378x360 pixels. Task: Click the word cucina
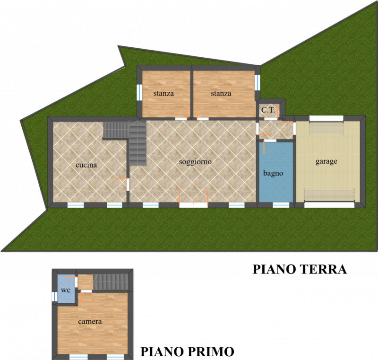point(86,165)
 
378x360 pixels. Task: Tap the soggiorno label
point(195,162)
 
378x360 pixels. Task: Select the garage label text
point(326,161)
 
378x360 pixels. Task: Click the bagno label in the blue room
point(273,173)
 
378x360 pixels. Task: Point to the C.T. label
point(268,110)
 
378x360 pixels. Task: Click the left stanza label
point(163,93)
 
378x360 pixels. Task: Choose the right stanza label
point(221,93)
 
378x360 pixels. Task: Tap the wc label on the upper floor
point(66,290)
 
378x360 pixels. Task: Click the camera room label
point(90,321)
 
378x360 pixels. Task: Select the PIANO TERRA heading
point(300,269)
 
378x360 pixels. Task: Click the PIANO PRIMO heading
point(187,352)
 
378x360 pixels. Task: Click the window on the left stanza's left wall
point(139,92)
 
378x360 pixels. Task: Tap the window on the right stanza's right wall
point(258,82)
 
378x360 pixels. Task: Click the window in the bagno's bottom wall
point(281,205)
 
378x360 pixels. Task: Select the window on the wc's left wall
point(55,297)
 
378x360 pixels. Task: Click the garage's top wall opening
point(326,118)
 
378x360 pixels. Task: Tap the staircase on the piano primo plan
point(111,282)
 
